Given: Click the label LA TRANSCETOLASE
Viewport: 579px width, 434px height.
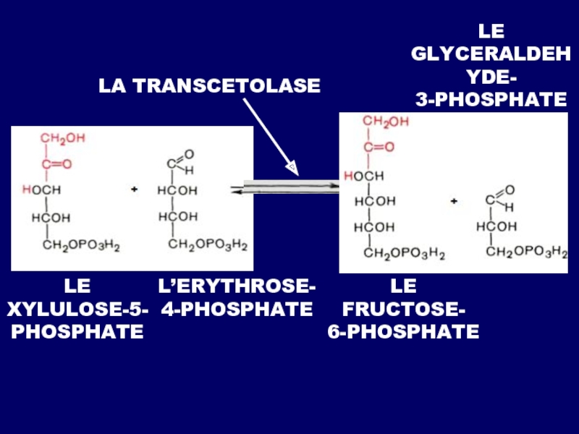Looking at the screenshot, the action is pyautogui.click(x=209, y=86).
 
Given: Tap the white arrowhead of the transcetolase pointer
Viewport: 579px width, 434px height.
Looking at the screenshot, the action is pyautogui.click(x=291, y=169).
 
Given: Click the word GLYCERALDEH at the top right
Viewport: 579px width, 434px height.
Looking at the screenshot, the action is pyautogui.click(x=491, y=54).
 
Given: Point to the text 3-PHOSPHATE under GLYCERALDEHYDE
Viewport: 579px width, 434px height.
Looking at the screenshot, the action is pyautogui.click(x=491, y=101).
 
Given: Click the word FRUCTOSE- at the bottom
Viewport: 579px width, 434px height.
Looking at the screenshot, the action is pyautogui.click(x=403, y=311).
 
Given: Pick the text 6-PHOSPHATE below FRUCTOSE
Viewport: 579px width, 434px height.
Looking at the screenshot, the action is pyautogui.click(x=403, y=333).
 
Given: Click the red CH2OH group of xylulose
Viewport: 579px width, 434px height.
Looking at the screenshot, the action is pyautogui.click(x=62, y=137).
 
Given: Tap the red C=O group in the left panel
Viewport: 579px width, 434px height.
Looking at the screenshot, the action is pyautogui.click(x=56, y=164).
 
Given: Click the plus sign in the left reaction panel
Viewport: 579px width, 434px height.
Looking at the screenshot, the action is pyautogui.click(x=134, y=190).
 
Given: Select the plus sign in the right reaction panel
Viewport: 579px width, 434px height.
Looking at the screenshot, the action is pyautogui.click(x=454, y=200).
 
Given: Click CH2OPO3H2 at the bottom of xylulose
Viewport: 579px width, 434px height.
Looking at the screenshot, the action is pyautogui.click(x=81, y=246).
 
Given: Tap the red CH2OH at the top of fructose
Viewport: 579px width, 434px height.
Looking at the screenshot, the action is pyautogui.click(x=386, y=122).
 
